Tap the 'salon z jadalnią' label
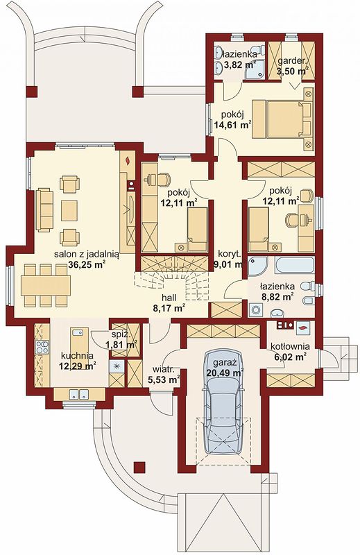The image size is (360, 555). tap(87, 254)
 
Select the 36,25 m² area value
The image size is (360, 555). tap(87, 265)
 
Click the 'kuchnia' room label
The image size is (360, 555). tap(77, 355)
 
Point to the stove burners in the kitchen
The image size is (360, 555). tap(42, 348)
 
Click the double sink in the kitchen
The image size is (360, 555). tap(78, 394)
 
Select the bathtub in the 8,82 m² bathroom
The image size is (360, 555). tap(295, 265)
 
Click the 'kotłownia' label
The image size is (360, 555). tap(289, 346)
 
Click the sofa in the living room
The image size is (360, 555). tap(44, 210)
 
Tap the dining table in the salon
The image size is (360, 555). tap(46, 285)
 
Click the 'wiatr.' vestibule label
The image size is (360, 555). tap(163, 370)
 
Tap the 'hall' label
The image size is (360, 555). tap(169, 298)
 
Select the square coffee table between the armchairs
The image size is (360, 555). tap(69, 211)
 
